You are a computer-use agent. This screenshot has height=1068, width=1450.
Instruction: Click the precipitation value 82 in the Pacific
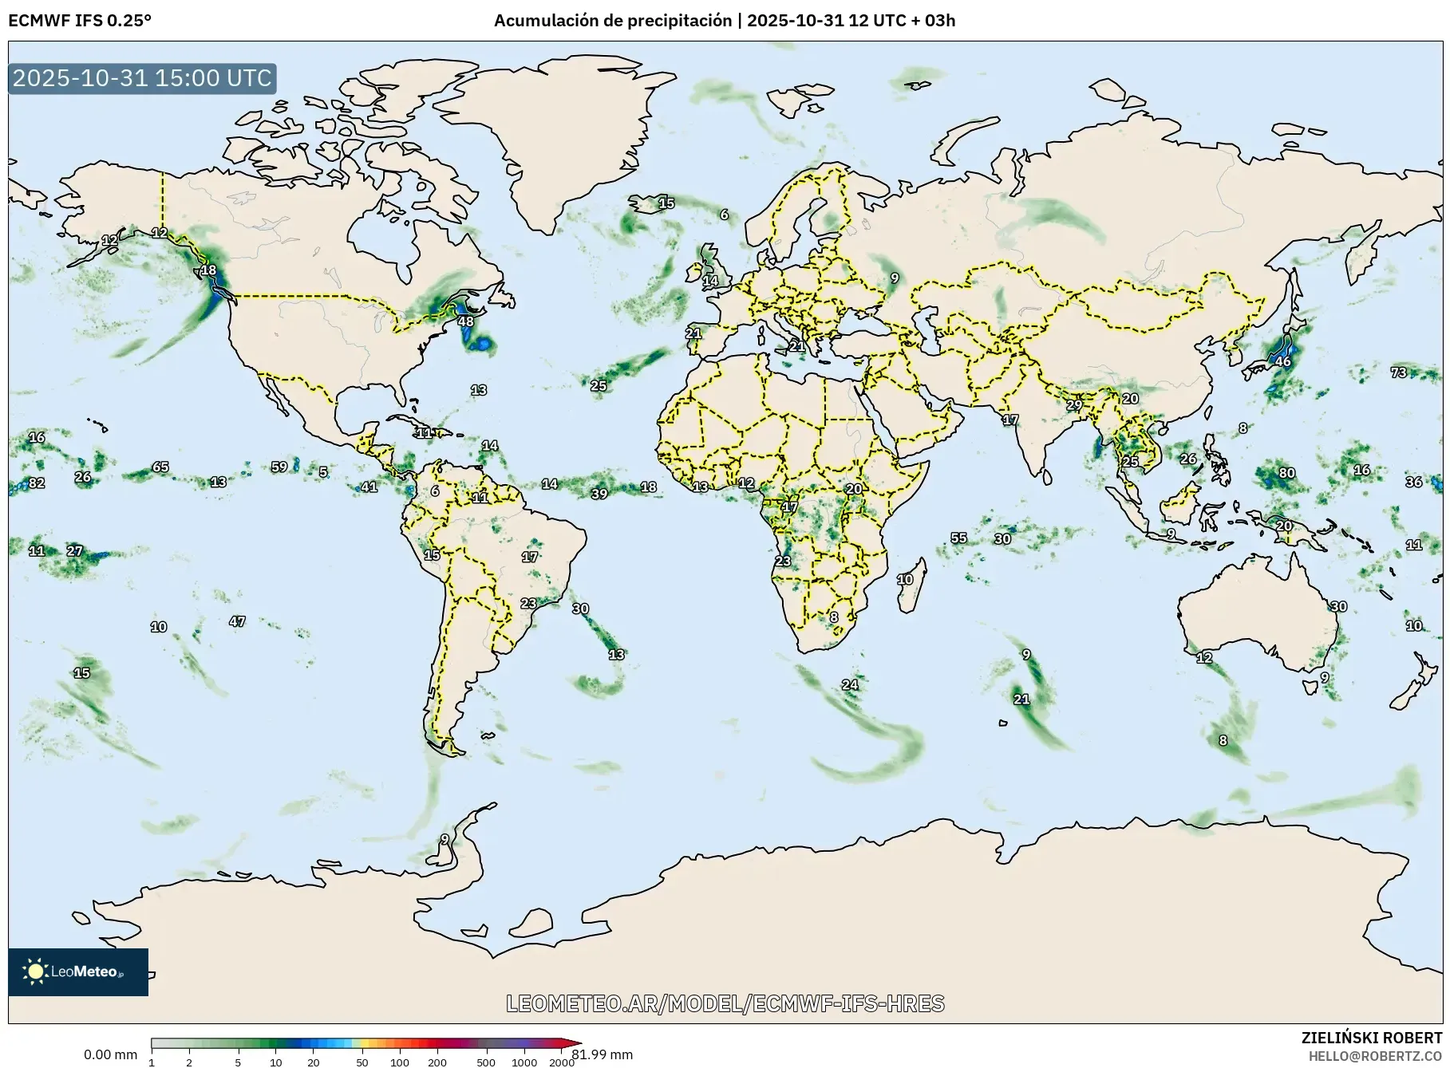[x=37, y=483]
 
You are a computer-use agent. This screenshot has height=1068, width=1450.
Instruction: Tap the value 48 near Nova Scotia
[x=465, y=321]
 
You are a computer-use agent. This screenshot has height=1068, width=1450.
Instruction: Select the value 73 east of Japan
[x=1398, y=372]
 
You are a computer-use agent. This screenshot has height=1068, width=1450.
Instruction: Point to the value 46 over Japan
[x=1282, y=361]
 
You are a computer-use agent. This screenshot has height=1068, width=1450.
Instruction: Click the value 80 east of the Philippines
[x=1286, y=473]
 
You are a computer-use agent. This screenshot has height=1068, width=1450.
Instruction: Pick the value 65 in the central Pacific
[x=160, y=467]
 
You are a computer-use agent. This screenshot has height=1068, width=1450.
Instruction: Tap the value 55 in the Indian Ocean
[x=958, y=538]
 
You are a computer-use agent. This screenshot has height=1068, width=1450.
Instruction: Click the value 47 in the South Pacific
[x=237, y=621]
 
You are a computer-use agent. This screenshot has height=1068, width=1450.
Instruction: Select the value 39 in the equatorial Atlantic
[x=599, y=494]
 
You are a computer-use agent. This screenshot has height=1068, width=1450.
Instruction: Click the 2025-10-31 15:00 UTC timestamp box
[x=142, y=78]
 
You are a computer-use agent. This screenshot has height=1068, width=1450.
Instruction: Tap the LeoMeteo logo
[x=78, y=971]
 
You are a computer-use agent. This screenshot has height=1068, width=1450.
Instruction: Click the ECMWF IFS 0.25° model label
[x=79, y=21]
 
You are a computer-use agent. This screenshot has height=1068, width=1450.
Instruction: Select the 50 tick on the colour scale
[x=362, y=1062]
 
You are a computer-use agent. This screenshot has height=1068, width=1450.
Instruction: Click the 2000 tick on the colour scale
[x=561, y=1062]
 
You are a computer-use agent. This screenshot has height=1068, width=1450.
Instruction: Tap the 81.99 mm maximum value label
[x=603, y=1054]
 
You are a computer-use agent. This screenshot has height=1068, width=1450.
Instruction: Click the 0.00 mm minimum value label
[x=110, y=1054]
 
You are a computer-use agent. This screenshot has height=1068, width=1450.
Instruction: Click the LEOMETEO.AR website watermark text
[x=725, y=1003]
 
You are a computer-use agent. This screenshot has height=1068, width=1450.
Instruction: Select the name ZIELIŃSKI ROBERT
[x=1371, y=1038]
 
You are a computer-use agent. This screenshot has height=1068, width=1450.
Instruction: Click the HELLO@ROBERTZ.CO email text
[x=1374, y=1056]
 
